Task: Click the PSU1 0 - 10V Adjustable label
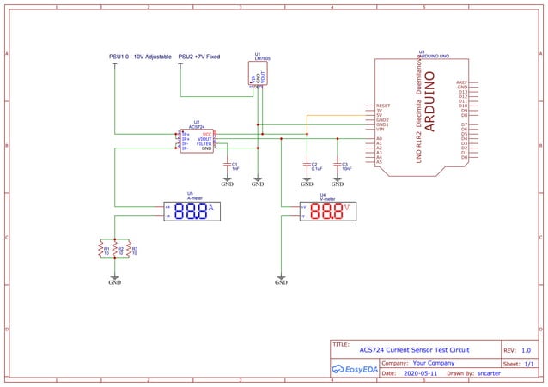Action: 141,57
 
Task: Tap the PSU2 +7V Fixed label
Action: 199,57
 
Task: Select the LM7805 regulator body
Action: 257,73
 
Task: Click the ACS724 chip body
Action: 196,142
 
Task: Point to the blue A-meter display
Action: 189,211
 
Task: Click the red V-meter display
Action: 326,211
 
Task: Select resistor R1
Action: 101,250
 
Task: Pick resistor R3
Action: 129,250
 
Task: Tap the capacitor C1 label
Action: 235,166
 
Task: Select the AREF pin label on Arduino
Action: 462,82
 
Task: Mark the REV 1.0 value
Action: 526,350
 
